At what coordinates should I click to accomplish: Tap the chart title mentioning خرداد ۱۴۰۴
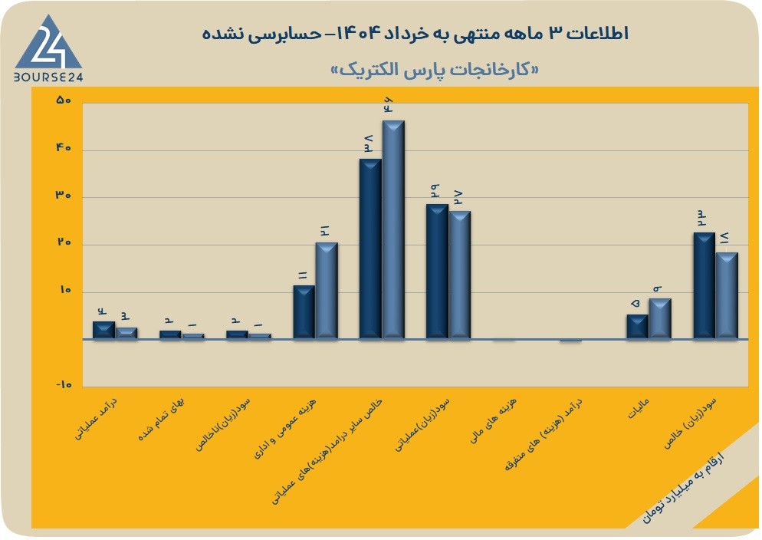(x=415, y=34)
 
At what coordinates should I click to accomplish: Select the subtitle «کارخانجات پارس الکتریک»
(x=435, y=70)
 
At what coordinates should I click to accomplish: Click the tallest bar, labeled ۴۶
(x=393, y=229)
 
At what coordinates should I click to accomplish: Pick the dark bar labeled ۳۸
(x=370, y=249)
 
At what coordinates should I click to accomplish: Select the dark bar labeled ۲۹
(x=437, y=272)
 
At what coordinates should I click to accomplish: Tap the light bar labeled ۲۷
(x=460, y=275)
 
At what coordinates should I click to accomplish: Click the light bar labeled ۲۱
(x=327, y=291)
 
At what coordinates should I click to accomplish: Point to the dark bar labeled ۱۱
(x=304, y=312)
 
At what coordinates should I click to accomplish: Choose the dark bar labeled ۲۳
(x=705, y=285)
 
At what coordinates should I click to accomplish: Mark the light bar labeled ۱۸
(x=727, y=295)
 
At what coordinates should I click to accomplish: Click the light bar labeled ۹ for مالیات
(x=660, y=318)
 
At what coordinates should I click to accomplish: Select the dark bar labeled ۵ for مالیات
(x=637, y=327)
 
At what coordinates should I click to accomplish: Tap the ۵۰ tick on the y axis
(x=64, y=100)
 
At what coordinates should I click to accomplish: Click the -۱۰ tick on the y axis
(x=64, y=385)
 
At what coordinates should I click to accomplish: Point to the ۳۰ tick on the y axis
(x=64, y=196)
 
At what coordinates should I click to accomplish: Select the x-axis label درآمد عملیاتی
(x=96, y=420)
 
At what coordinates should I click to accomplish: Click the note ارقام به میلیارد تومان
(x=683, y=488)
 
